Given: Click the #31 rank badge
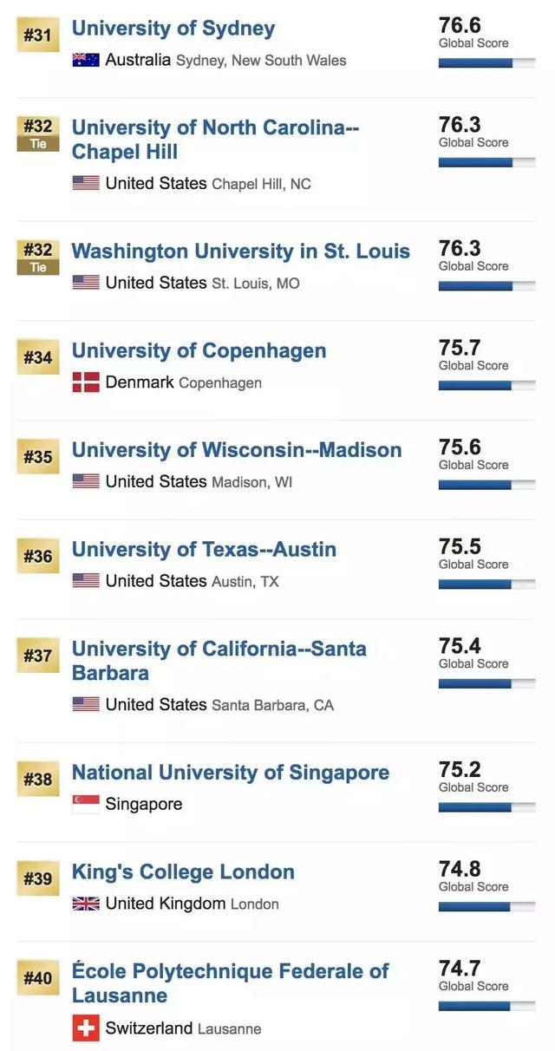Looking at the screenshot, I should click(37, 36).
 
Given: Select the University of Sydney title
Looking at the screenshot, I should click(173, 29).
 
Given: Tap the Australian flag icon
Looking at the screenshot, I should click(85, 60).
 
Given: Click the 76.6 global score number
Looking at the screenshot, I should click(460, 25).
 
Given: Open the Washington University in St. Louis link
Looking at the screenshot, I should click(240, 251).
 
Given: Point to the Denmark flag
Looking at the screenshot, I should click(85, 382).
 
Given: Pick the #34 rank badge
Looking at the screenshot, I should click(37, 357).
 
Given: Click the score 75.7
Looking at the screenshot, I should click(460, 348).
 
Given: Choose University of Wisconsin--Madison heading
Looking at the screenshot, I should click(236, 450).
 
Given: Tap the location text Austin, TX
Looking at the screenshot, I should click(245, 582).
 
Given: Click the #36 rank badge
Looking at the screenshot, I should click(37, 556).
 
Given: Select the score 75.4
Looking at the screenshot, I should click(460, 646).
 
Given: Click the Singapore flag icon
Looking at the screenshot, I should click(85, 804).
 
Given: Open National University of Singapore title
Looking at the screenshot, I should click(230, 773).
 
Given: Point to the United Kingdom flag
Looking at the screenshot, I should click(85, 904).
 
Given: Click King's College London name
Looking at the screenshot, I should click(183, 872).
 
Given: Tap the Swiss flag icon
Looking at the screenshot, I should click(85, 1028).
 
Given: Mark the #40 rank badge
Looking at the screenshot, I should click(37, 978).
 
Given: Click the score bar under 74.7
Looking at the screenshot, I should click(486, 1006).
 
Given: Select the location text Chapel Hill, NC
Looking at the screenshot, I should click(261, 185).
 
